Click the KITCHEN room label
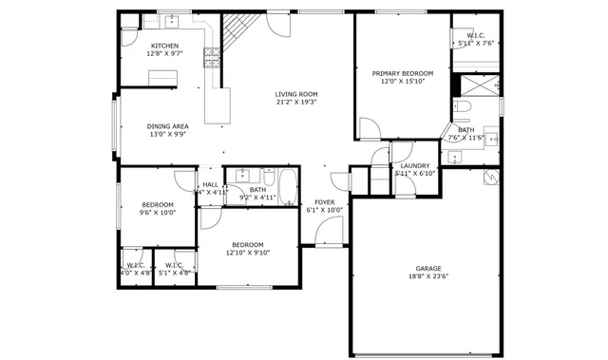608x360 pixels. pyautogui.click(x=163, y=46)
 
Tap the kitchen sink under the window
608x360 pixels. pyautogui.click(x=174, y=23)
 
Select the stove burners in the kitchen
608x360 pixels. pyautogui.click(x=212, y=60)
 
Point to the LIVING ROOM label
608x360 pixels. pyautogui.click(x=296, y=94)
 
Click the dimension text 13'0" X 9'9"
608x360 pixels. pyautogui.click(x=167, y=135)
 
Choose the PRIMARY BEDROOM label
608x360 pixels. pyautogui.click(x=403, y=73)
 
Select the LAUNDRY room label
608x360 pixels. pyautogui.click(x=415, y=165)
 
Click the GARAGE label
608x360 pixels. pyautogui.click(x=428, y=268)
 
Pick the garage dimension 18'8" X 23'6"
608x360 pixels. pyautogui.click(x=428, y=277)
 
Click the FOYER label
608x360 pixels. pyautogui.click(x=324, y=202)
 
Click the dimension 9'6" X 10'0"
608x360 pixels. pyautogui.click(x=158, y=213)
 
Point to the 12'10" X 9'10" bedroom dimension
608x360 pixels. pyautogui.click(x=248, y=253)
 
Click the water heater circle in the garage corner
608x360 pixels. pyautogui.click(x=491, y=178)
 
